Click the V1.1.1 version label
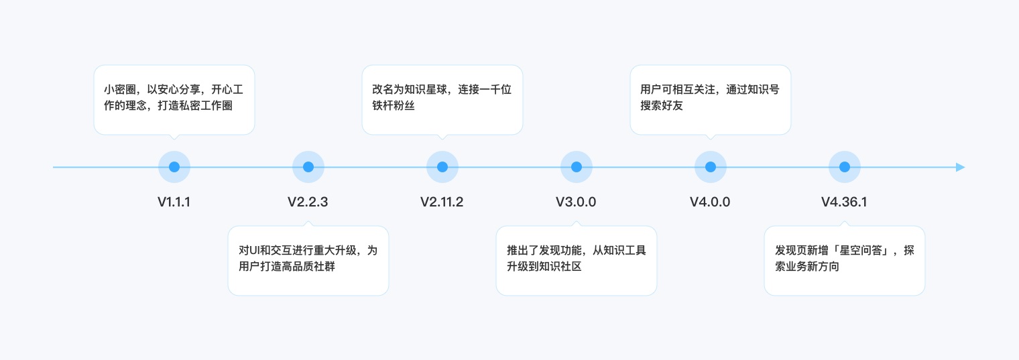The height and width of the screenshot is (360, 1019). point(174,202)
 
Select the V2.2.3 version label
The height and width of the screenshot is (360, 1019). point(308,202)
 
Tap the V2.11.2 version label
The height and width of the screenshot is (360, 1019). point(442,202)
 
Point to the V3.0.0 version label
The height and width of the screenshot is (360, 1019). point(576,202)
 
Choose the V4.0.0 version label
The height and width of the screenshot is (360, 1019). point(710,202)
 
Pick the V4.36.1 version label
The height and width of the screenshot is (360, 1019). point(844,202)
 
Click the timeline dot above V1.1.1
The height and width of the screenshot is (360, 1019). point(174,167)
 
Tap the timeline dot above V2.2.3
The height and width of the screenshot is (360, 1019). point(308,167)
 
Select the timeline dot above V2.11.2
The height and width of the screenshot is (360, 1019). point(442,167)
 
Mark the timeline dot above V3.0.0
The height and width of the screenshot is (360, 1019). point(577,167)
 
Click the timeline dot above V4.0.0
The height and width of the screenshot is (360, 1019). point(711,167)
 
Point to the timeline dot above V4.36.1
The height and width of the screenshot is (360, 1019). point(845,167)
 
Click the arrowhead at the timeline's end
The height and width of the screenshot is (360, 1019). point(961,167)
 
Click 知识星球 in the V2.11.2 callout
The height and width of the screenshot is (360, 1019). point(426,90)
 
